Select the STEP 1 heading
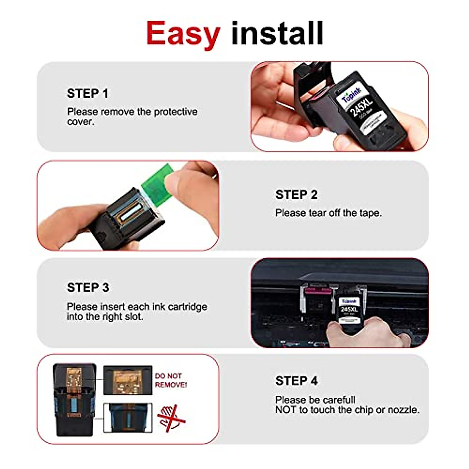(88, 94)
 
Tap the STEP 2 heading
(296, 195)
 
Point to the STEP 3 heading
(88, 288)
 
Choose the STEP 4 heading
(296, 381)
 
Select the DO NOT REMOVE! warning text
(170, 380)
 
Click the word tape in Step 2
(369, 213)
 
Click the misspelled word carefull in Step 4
(337, 400)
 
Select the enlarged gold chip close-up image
(127, 380)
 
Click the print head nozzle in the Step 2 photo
(128, 211)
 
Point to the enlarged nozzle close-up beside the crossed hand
(128, 418)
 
